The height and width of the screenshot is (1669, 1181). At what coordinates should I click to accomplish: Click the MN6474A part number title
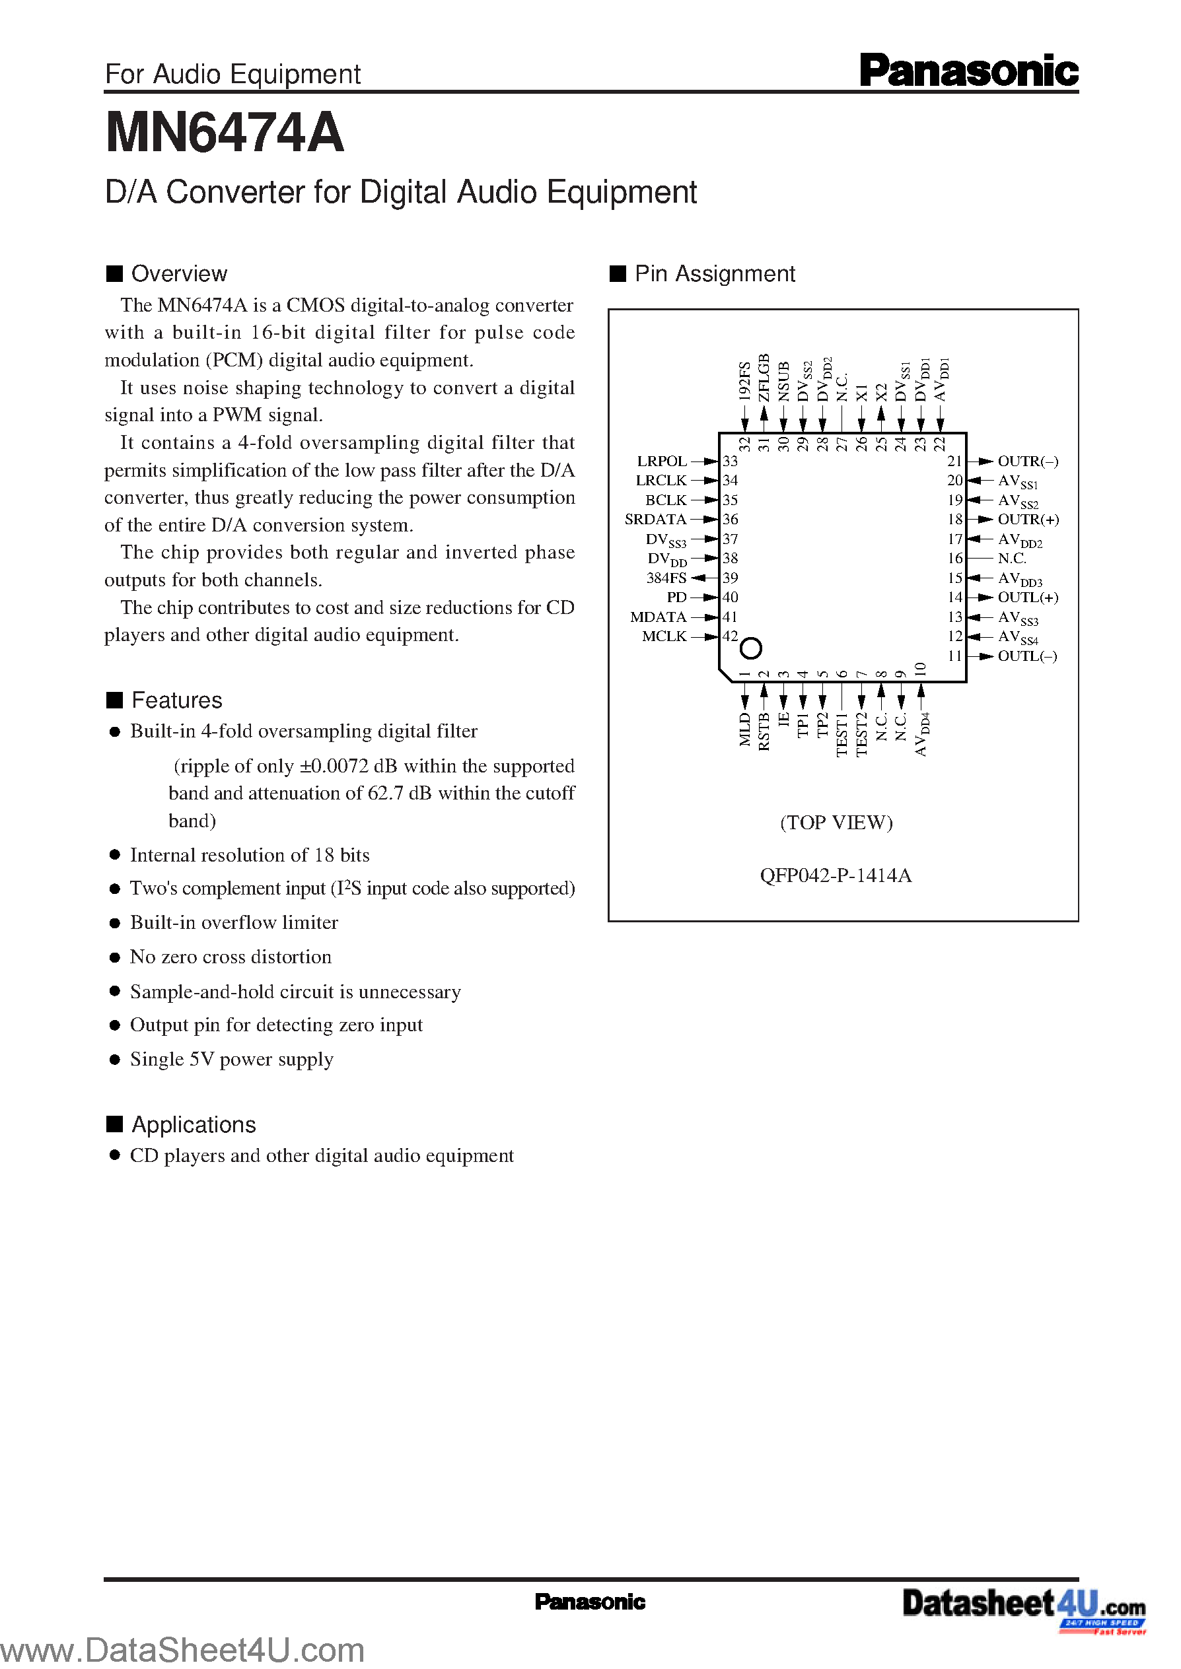[x=225, y=133]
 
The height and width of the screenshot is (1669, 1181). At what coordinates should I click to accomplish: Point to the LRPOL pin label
[x=662, y=461]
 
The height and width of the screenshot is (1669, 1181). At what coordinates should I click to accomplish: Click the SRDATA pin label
[x=655, y=520]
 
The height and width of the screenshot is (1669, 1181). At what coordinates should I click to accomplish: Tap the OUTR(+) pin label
[x=1028, y=520]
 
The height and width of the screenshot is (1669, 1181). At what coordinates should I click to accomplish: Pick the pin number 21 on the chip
[x=954, y=461]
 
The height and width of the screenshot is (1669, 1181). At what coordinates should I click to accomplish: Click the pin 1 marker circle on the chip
[x=750, y=648]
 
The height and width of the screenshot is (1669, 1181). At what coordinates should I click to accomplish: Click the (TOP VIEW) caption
[x=836, y=822]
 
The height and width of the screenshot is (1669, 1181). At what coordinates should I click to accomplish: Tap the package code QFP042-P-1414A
[x=836, y=875]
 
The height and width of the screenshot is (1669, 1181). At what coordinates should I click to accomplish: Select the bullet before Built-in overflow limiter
[x=114, y=923]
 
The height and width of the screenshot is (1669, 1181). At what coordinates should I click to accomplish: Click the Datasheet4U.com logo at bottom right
[x=1024, y=1604]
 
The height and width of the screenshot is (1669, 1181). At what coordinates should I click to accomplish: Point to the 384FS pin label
[x=666, y=578]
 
